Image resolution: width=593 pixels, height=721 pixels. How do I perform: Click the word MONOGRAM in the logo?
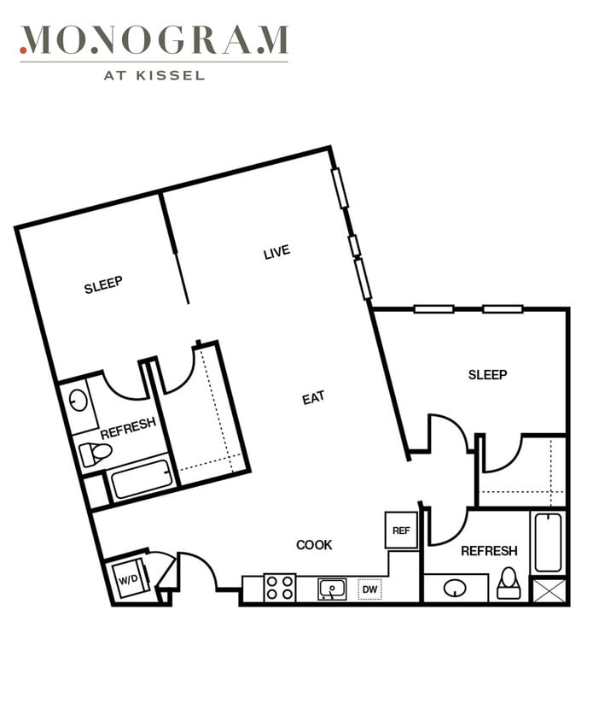point(154,39)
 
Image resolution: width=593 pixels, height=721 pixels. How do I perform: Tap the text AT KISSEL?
point(154,75)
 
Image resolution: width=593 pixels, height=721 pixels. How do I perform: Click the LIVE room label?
point(277,252)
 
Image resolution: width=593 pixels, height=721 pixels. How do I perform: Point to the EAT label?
point(314,398)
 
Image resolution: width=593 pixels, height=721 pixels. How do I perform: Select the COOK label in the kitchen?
point(314,545)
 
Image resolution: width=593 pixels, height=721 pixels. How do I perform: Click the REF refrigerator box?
point(401,530)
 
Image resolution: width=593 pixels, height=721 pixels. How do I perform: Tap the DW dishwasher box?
point(369,589)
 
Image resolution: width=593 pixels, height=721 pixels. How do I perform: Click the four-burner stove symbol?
point(280,588)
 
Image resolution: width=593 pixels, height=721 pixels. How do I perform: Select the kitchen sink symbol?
point(333,589)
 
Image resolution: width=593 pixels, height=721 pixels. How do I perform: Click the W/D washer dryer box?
point(131,578)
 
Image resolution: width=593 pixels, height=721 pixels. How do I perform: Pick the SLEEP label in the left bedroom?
point(103,284)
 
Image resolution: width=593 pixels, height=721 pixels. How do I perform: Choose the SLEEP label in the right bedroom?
point(487,375)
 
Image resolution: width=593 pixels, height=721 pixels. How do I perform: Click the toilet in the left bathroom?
point(95,454)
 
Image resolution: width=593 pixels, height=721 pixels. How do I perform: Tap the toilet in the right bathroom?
point(508,584)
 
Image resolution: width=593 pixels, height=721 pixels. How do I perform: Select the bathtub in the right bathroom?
point(548,542)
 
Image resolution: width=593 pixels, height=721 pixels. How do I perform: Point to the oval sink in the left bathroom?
point(78,401)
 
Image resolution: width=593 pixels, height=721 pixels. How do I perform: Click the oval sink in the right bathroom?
point(455,588)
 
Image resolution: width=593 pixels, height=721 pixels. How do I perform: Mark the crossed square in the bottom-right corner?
point(549,591)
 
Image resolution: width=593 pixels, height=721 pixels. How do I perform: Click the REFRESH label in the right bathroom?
point(489,551)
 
